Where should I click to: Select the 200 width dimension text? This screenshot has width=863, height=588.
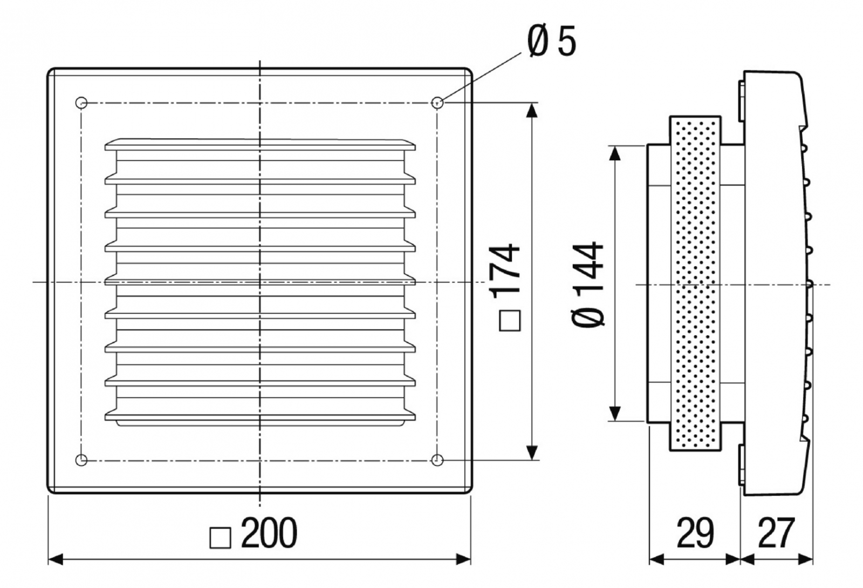click(269, 533)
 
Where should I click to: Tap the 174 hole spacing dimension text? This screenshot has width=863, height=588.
click(506, 268)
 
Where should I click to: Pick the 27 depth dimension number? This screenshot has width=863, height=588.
click(776, 533)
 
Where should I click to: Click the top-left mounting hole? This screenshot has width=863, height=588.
click(81, 102)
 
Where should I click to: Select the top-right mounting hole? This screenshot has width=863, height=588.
click(437, 102)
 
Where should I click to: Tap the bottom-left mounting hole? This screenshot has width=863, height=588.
click(81, 460)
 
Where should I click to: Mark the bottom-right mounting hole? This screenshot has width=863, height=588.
click(437, 460)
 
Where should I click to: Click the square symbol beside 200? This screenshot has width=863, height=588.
click(220, 538)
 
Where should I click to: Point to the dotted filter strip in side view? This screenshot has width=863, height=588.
click(695, 283)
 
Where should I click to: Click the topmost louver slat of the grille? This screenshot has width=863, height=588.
click(260, 145)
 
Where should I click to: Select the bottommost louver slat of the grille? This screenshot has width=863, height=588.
click(260, 415)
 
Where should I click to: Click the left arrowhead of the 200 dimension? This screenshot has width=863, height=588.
click(56, 559)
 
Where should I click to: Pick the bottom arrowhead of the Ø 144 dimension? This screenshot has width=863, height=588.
click(614, 414)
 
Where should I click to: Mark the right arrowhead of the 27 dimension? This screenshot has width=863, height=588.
click(806, 559)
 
